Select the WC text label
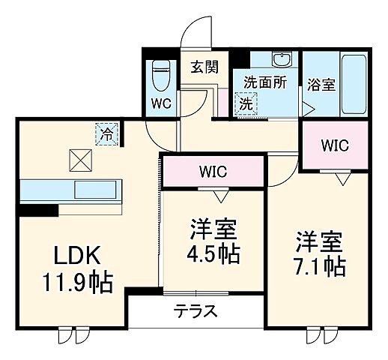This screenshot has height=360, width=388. [x=160, y=104]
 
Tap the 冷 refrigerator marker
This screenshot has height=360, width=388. [x=107, y=135]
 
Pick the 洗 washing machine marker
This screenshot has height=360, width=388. [x=245, y=105]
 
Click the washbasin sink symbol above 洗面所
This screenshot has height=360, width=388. [x=282, y=61]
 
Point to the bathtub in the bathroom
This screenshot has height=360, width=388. [x=349, y=84]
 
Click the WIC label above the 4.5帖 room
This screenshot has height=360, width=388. [x=213, y=171]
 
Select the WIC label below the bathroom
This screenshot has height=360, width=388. [x=334, y=145]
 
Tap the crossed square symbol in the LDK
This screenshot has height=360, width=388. [x=80, y=159]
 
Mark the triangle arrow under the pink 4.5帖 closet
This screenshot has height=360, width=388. [x=220, y=196]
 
